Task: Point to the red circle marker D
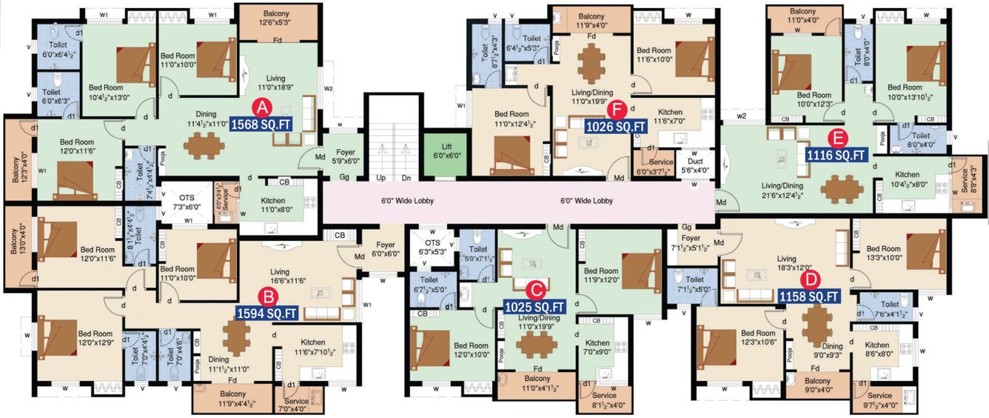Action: coord(811,279)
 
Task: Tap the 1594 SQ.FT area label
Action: coord(267,313)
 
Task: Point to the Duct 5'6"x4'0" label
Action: coord(694,165)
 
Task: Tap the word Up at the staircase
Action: coord(380,179)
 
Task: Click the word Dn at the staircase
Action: coord(406,179)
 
